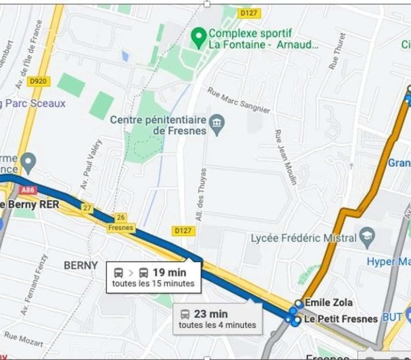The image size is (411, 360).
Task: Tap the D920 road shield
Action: tap(38, 81)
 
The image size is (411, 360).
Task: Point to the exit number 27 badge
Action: tap(87, 208)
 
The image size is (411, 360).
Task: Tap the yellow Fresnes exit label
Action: tap(120, 228)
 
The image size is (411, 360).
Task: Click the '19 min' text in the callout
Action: tap(169, 273)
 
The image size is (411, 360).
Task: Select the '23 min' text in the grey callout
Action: tap(211, 314)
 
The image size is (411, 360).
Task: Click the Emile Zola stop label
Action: tap(328, 302)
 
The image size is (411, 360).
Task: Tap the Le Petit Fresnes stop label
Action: tap(340, 319)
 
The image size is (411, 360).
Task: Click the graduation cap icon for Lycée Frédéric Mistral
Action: tap(368, 236)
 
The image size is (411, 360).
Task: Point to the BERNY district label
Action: tap(81, 265)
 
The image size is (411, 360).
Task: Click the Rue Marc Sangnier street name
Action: tap(239, 100)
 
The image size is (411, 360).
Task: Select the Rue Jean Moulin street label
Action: tap(286, 157)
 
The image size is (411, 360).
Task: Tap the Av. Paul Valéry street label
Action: tap(91, 164)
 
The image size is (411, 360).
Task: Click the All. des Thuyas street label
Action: tap(201, 194)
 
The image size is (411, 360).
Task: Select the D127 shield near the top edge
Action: tap(249, 13)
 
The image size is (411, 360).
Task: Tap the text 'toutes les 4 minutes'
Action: tap(217, 325)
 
